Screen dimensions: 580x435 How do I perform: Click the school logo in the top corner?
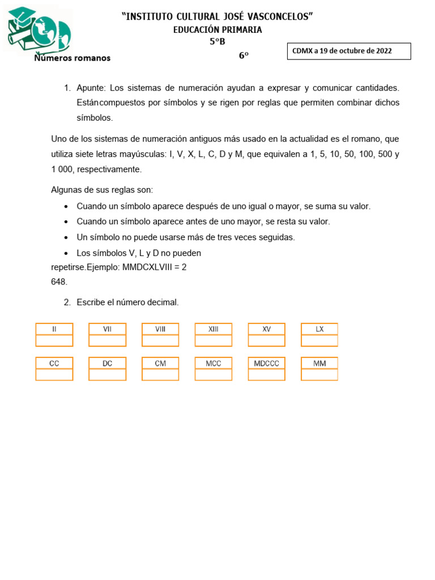pos(39,29)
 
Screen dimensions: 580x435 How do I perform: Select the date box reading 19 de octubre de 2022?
pos(348,51)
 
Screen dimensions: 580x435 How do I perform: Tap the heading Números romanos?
pos(72,58)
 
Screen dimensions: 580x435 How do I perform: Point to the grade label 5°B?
pos(217,41)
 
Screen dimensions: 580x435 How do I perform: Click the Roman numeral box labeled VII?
pos(107,329)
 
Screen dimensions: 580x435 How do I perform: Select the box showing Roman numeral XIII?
pos(214,329)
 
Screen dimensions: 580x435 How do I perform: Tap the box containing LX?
pos(319,329)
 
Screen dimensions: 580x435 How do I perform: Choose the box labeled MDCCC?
pos(266,363)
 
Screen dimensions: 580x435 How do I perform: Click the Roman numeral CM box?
pos(160,363)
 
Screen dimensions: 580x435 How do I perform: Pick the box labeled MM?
pos(319,363)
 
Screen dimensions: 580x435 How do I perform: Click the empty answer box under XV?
pos(266,340)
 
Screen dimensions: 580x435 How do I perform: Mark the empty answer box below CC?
pos(54,374)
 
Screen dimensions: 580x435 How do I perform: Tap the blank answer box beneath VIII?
pos(160,340)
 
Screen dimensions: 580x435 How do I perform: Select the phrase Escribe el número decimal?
pos(127,302)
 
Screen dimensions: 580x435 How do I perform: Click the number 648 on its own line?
pos(59,282)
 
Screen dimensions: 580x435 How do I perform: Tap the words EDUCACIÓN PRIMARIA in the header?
pos(217,30)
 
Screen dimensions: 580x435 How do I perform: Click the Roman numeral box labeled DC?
pos(107,363)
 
